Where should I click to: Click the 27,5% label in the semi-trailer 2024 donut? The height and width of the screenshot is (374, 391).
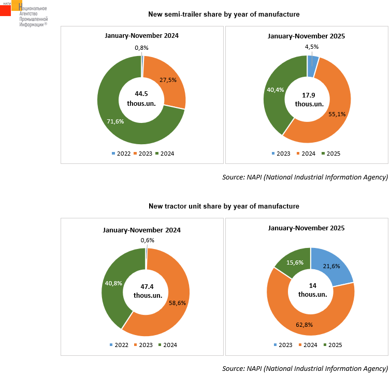pyautogui.click(x=168, y=80)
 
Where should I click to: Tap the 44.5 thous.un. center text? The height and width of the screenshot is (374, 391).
pyautogui.click(x=141, y=99)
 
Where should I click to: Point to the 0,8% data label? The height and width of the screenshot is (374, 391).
pyautogui.click(x=141, y=48)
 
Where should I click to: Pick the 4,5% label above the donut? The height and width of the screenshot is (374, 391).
pyautogui.click(x=312, y=47)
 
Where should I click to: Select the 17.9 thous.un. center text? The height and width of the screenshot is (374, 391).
pyautogui.click(x=309, y=99)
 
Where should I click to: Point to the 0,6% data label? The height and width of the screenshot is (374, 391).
pyautogui.click(x=148, y=240)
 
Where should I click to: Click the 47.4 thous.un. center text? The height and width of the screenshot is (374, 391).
pyautogui.click(x=147, y=290)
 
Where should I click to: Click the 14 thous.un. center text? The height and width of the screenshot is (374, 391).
pyautogui.click(x=312, y=290)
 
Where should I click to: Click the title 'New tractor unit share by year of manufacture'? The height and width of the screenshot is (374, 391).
pyautogui.click(x=224, y=206)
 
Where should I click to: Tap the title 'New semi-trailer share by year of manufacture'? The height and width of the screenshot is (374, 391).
pyautogui.click(x=224, y=14)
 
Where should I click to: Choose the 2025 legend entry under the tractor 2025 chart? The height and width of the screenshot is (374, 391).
pyautogui.click(x=332, y=345)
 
